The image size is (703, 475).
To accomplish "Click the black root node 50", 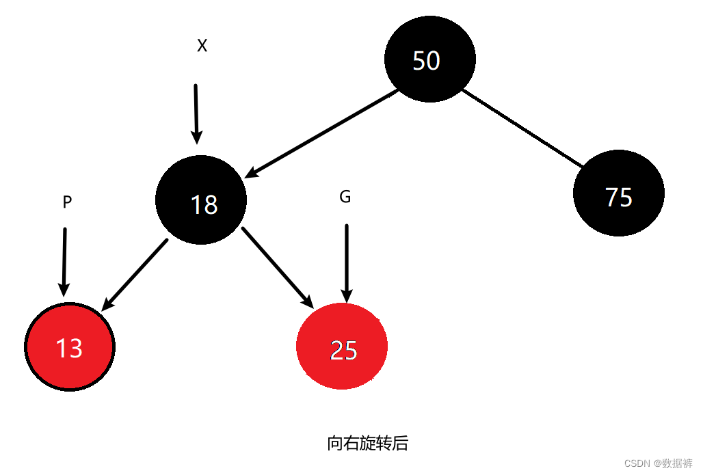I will click(x=429, y=59).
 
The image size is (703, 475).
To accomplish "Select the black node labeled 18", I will click(x=201, y=200).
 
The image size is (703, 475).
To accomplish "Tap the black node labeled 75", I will click(x=618, y=193).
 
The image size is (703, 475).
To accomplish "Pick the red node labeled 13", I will click(x=69, y=347).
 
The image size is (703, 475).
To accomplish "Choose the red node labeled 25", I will click(x=342, y=347).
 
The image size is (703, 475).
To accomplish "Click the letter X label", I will click(x=202, y=46).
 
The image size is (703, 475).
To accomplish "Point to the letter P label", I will click(x=67, y=202).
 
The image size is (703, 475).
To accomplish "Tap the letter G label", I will click(x=345, y=197).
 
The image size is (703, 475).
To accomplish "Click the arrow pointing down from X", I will click(x=196, y=113).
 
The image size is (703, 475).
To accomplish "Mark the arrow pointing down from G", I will click(x=347, y=262).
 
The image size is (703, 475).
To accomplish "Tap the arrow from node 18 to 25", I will click(x=277, y=267).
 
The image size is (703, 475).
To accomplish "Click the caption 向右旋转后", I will click(x=367, y=444).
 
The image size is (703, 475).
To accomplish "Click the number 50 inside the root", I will click(x=426, y=61).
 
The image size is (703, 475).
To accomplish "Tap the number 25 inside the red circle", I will click(x=343, y=350).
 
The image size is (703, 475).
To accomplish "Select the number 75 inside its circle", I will click(x=619, y=197).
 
